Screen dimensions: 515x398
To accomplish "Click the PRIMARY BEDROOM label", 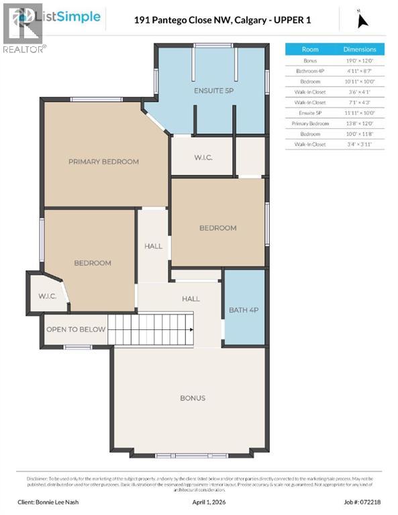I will pos(103,162).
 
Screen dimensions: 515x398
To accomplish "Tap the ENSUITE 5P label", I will pos(213,91).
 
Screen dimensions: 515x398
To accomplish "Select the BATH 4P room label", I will pos(244,310).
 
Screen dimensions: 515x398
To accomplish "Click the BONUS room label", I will pos(193,398).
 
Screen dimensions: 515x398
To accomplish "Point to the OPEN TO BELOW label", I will pos(76,329).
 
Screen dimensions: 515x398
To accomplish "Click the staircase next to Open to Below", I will pos(150,330).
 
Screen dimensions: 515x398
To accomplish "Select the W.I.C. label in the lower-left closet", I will pos(47,296).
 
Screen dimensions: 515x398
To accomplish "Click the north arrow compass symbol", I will pos(362,20).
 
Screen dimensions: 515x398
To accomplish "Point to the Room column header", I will pos(310,50).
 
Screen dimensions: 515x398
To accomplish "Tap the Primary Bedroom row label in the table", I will pos(310,123).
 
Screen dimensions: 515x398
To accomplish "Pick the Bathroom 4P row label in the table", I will pos(310,70).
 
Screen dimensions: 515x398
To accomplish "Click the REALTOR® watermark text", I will pos(25,49).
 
